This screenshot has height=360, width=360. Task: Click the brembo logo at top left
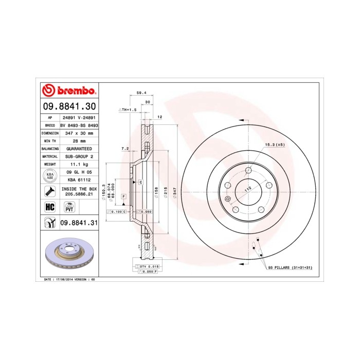(68, 91)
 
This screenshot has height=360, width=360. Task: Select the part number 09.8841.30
(68, 106)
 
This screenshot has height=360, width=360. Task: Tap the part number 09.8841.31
(79, 222)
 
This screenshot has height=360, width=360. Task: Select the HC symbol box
(50, 207)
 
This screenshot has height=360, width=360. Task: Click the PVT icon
(68, 207)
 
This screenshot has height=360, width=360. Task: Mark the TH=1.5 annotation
(128, 110)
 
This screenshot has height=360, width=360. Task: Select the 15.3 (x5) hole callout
(274, 145)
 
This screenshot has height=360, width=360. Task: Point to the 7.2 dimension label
(124, 149)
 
